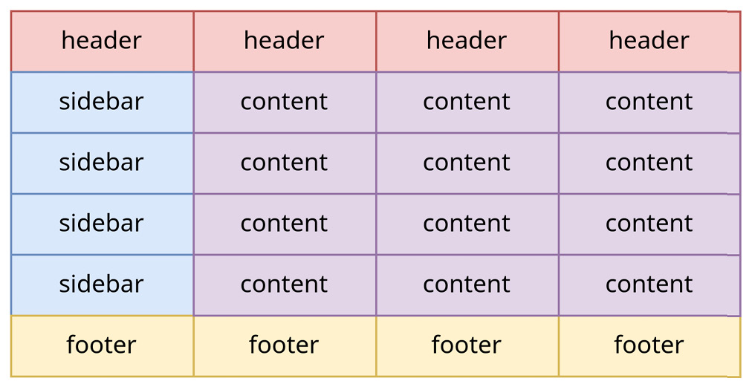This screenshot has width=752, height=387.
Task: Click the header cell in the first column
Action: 102,41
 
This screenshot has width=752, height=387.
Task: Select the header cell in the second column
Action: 285,41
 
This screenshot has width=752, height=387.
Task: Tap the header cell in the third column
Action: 467,41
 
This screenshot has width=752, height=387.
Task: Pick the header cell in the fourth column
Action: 649,41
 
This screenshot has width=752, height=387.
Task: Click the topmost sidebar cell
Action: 102,102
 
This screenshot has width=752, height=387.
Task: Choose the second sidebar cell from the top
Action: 102,163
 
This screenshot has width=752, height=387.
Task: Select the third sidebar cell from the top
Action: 102,224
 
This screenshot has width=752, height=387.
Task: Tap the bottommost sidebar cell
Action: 102,284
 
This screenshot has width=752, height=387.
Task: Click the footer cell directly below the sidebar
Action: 102,345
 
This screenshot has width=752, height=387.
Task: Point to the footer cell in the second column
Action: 285,345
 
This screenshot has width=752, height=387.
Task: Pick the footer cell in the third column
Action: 467,345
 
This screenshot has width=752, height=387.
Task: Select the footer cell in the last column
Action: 649,345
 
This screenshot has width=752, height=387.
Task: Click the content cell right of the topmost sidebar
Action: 285,102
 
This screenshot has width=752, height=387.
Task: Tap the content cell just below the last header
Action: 649,102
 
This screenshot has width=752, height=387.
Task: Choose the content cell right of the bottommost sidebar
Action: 285,284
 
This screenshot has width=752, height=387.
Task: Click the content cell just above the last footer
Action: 649,284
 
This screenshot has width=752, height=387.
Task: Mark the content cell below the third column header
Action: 467,102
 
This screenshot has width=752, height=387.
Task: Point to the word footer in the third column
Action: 467,345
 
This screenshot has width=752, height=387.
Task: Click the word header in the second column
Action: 284,40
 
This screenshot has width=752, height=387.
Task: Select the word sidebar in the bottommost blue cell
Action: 101,284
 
